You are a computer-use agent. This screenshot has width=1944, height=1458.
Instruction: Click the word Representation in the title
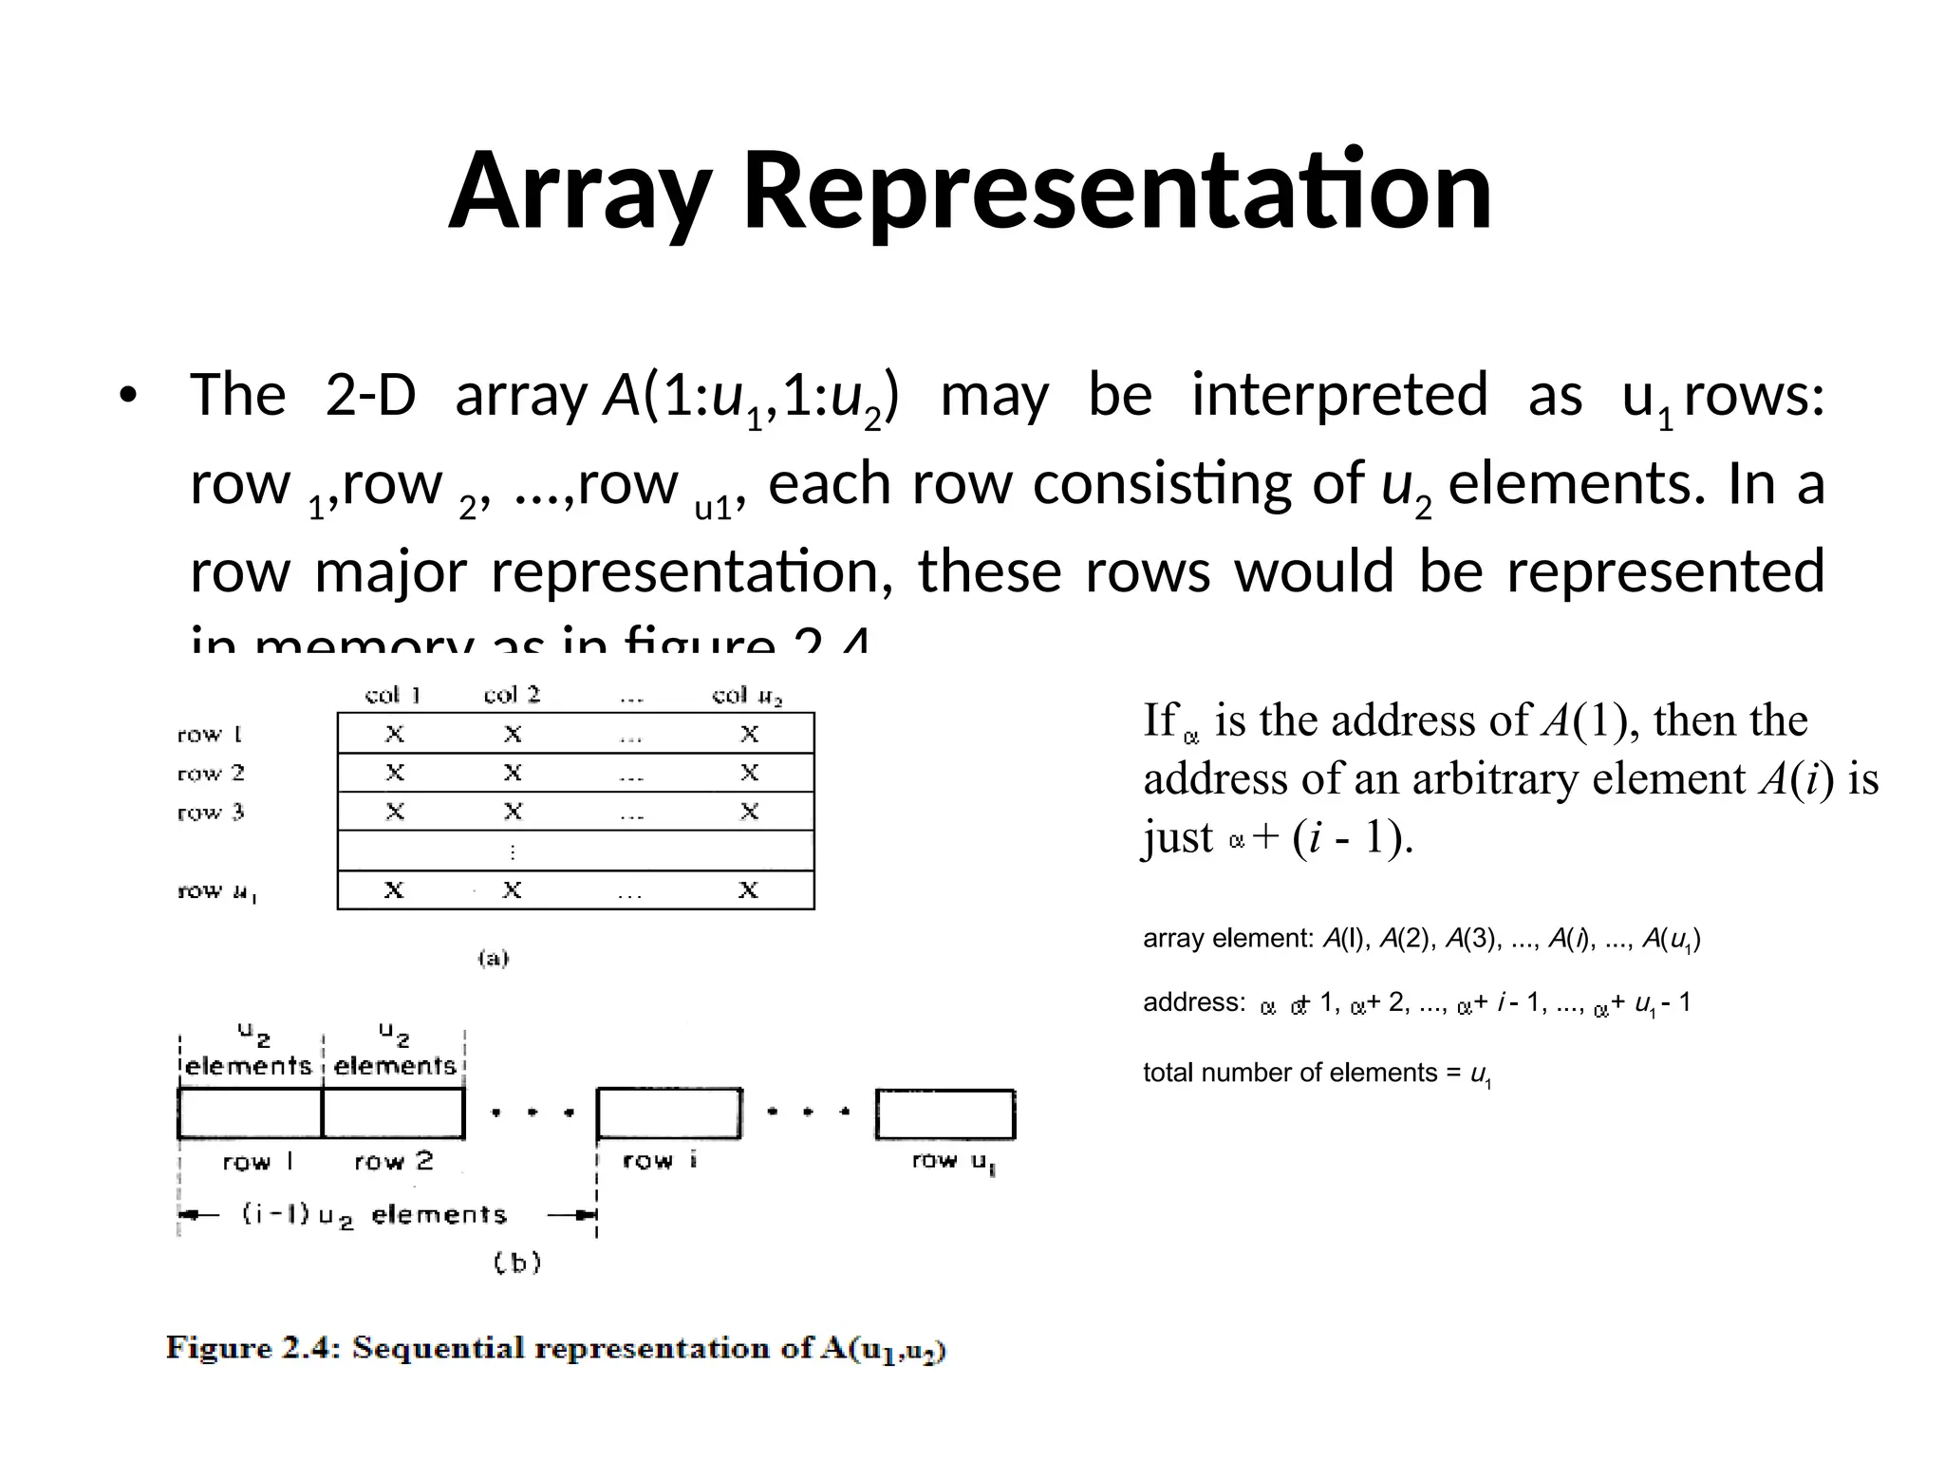1116,192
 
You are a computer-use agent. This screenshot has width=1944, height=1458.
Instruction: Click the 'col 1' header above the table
393,695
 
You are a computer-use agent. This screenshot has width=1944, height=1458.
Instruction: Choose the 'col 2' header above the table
512,695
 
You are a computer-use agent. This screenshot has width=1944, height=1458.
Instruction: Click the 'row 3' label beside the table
211,813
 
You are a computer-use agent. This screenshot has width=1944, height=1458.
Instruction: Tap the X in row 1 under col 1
394,734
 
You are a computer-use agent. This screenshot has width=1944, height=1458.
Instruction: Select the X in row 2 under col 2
513,773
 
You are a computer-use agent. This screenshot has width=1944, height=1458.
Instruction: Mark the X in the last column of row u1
749,890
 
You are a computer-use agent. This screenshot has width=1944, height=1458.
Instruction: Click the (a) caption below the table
494,958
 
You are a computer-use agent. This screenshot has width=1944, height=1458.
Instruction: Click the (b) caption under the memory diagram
517,1262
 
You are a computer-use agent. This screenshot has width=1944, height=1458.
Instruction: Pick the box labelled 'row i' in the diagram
668,1113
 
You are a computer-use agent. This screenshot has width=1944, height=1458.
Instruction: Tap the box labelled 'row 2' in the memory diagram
393,1113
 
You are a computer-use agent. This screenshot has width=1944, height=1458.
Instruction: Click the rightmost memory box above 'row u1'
945,1113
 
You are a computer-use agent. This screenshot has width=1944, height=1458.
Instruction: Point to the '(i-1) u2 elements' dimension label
374,1215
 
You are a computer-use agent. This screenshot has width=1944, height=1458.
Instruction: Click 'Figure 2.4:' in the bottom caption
252,1349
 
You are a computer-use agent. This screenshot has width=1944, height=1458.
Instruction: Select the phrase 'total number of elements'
1290,1073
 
